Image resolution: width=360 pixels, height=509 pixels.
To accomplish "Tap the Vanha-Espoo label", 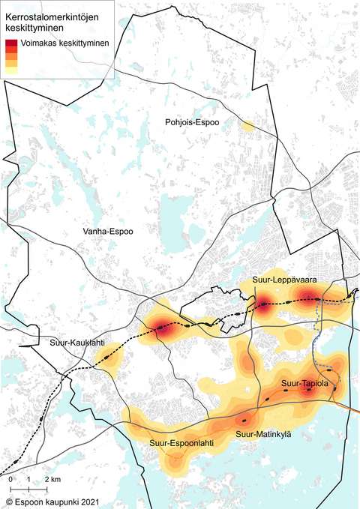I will click(x=108, y=232).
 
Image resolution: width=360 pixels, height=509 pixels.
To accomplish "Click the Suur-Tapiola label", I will click(x=301, y=384).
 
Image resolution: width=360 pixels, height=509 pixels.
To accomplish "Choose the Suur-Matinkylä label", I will click(x=263, y=433).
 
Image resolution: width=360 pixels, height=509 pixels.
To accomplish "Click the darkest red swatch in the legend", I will click(x=10, y=43).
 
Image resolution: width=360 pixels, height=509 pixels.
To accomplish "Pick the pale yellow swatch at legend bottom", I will click(x=10, y=70).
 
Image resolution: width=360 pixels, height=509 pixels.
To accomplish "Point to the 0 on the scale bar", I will click(x=11, y=478).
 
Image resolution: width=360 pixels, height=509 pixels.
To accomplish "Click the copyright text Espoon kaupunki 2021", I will click(x=57, y=499).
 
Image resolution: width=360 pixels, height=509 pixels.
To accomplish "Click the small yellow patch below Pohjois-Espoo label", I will click(x=247, y=125).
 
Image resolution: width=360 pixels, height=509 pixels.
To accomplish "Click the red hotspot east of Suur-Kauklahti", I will click(x=162, y=327).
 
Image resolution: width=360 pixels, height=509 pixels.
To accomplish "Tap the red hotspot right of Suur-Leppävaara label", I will click(x=307, y=295).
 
